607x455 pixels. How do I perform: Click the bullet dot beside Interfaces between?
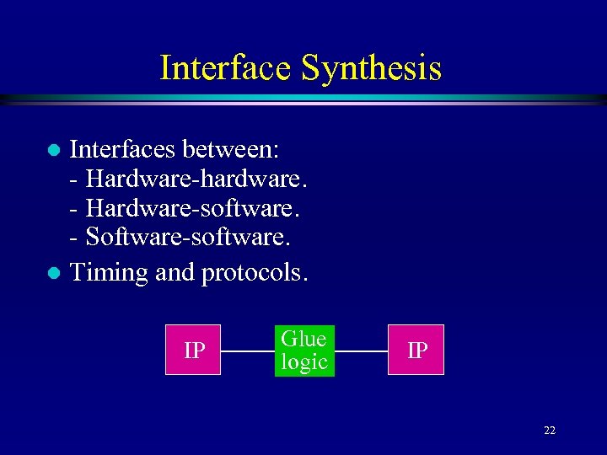(x=52, y=151)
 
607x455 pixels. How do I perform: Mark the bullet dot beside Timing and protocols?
(x=52, y=273)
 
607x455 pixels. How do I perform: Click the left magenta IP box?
(x=194, y=350)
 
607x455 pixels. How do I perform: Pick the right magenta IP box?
(x=416, y=350)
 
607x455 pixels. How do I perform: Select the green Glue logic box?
(x=304, y=351)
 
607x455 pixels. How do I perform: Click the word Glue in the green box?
(x=304, y=339)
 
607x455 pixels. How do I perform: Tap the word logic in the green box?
(x=304, y=362)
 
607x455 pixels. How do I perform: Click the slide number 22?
(x=550, y=431)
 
